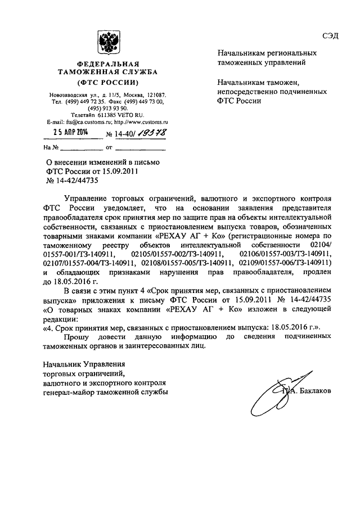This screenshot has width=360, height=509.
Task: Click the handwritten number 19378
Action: click(x=147, y=134)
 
